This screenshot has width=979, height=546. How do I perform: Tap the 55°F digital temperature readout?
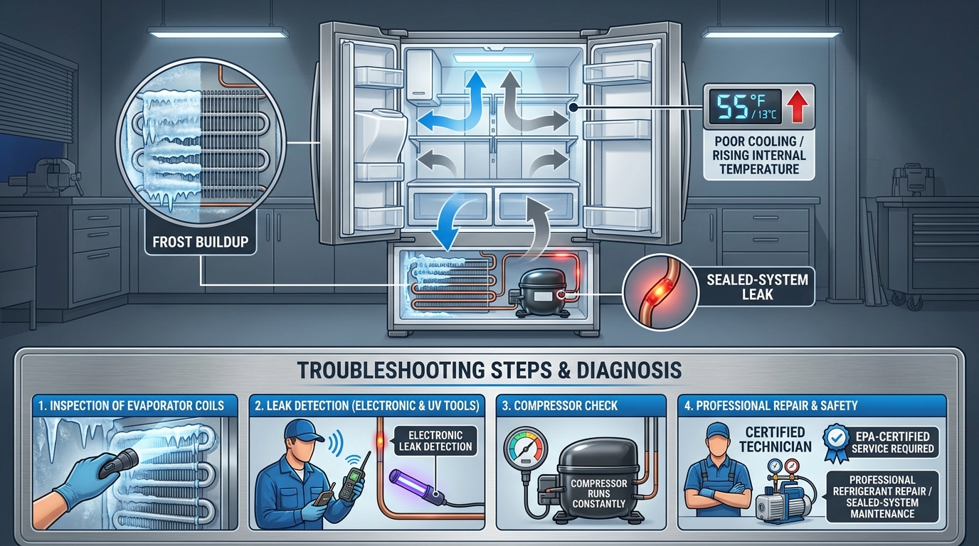tap(744, 107)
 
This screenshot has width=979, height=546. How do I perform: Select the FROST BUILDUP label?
tap(200, 242)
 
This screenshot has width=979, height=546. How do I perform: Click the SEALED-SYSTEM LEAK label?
tap(758, 287)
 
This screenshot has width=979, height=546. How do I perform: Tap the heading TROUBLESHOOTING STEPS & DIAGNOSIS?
tap(489, 370)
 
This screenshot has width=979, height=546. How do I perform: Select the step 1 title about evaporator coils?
tap(131, 406)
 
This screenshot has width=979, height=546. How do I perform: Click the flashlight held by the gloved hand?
tap(118, 464)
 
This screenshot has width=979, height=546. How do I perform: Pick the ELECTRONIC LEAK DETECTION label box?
tap(435, 441)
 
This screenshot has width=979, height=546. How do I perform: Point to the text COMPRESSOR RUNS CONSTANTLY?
tap(599, 493)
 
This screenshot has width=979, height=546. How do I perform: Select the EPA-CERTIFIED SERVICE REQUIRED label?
tap(892, 442)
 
